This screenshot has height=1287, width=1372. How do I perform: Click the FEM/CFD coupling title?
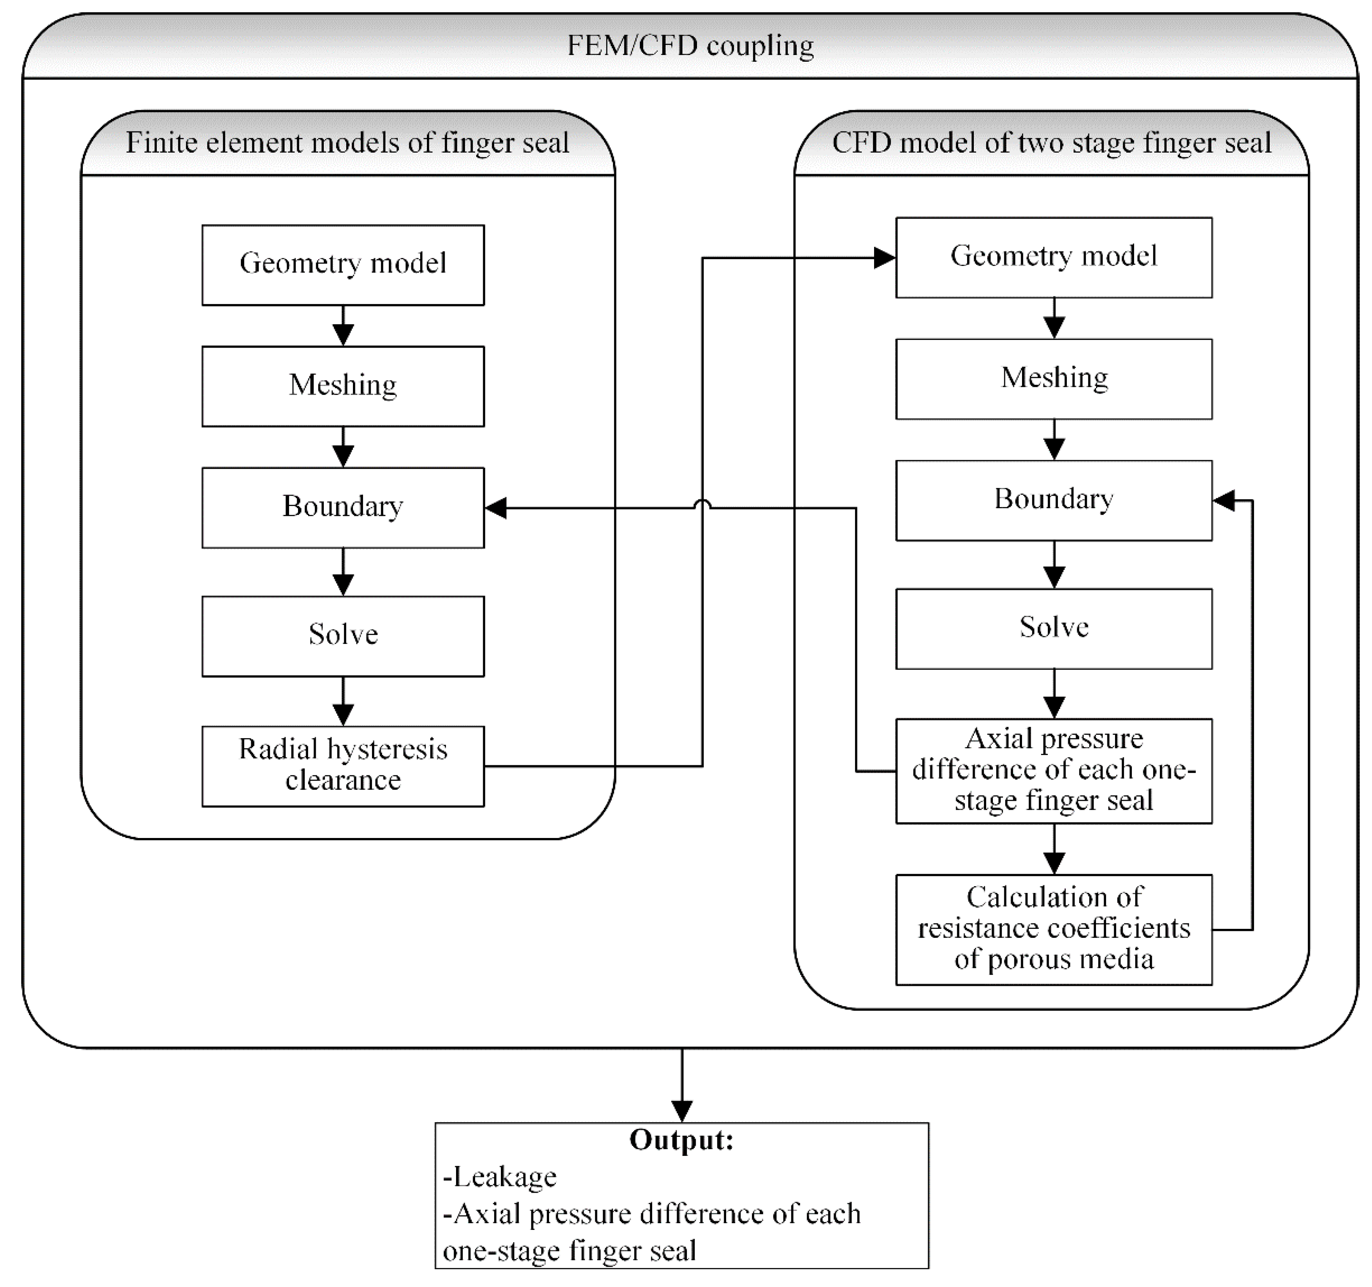point(690,46)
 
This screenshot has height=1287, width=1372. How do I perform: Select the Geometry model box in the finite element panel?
point(343,264)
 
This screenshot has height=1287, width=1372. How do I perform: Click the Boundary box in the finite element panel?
point(343,507)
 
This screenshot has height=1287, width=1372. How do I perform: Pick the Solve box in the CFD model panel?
point(1054,628)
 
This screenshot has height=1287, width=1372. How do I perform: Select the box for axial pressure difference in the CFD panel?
point(1054,770)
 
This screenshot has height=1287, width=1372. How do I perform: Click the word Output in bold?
point(681,1139)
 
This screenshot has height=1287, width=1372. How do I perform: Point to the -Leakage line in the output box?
point(500,1176)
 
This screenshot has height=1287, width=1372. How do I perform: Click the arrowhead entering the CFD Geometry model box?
point(885,258)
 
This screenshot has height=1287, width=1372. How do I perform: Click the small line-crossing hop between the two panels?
point(702,505)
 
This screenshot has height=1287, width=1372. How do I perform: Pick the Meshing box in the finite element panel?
point(343,386)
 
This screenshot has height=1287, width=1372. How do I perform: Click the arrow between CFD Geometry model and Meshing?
point(1054,319)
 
